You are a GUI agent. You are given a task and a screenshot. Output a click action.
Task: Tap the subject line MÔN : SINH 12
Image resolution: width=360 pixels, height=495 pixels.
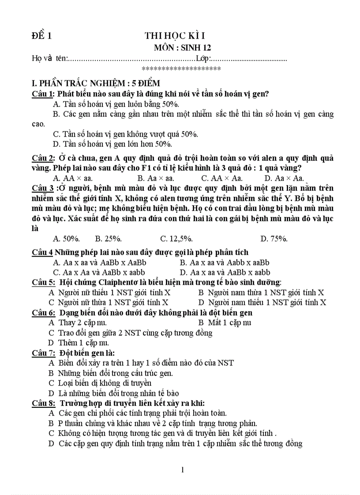182,48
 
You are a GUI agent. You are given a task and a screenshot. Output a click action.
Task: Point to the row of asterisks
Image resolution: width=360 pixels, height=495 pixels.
181,69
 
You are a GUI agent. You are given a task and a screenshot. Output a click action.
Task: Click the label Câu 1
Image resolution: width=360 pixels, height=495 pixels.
43,93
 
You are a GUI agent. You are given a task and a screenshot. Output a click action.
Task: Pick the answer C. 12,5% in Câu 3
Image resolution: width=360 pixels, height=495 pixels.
176,238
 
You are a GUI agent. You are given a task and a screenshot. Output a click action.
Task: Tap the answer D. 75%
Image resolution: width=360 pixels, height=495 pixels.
274,238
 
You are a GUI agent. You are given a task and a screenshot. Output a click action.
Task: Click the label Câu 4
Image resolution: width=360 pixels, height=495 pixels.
42,252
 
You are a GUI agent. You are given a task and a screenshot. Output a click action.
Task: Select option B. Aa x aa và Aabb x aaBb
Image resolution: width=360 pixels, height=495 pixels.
225,262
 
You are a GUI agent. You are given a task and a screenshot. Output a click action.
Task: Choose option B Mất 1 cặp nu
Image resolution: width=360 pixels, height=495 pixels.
225,322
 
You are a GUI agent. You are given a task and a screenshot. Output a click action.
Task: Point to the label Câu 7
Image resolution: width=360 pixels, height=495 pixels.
43,353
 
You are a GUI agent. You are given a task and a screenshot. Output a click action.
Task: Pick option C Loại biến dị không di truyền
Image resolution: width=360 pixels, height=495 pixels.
100,383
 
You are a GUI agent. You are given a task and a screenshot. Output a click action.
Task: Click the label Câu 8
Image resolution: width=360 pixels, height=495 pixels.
43,403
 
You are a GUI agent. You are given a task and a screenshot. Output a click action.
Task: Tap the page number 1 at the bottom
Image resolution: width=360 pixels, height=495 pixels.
183,469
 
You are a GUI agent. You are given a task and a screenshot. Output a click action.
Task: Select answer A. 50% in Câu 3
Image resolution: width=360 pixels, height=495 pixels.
66,238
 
